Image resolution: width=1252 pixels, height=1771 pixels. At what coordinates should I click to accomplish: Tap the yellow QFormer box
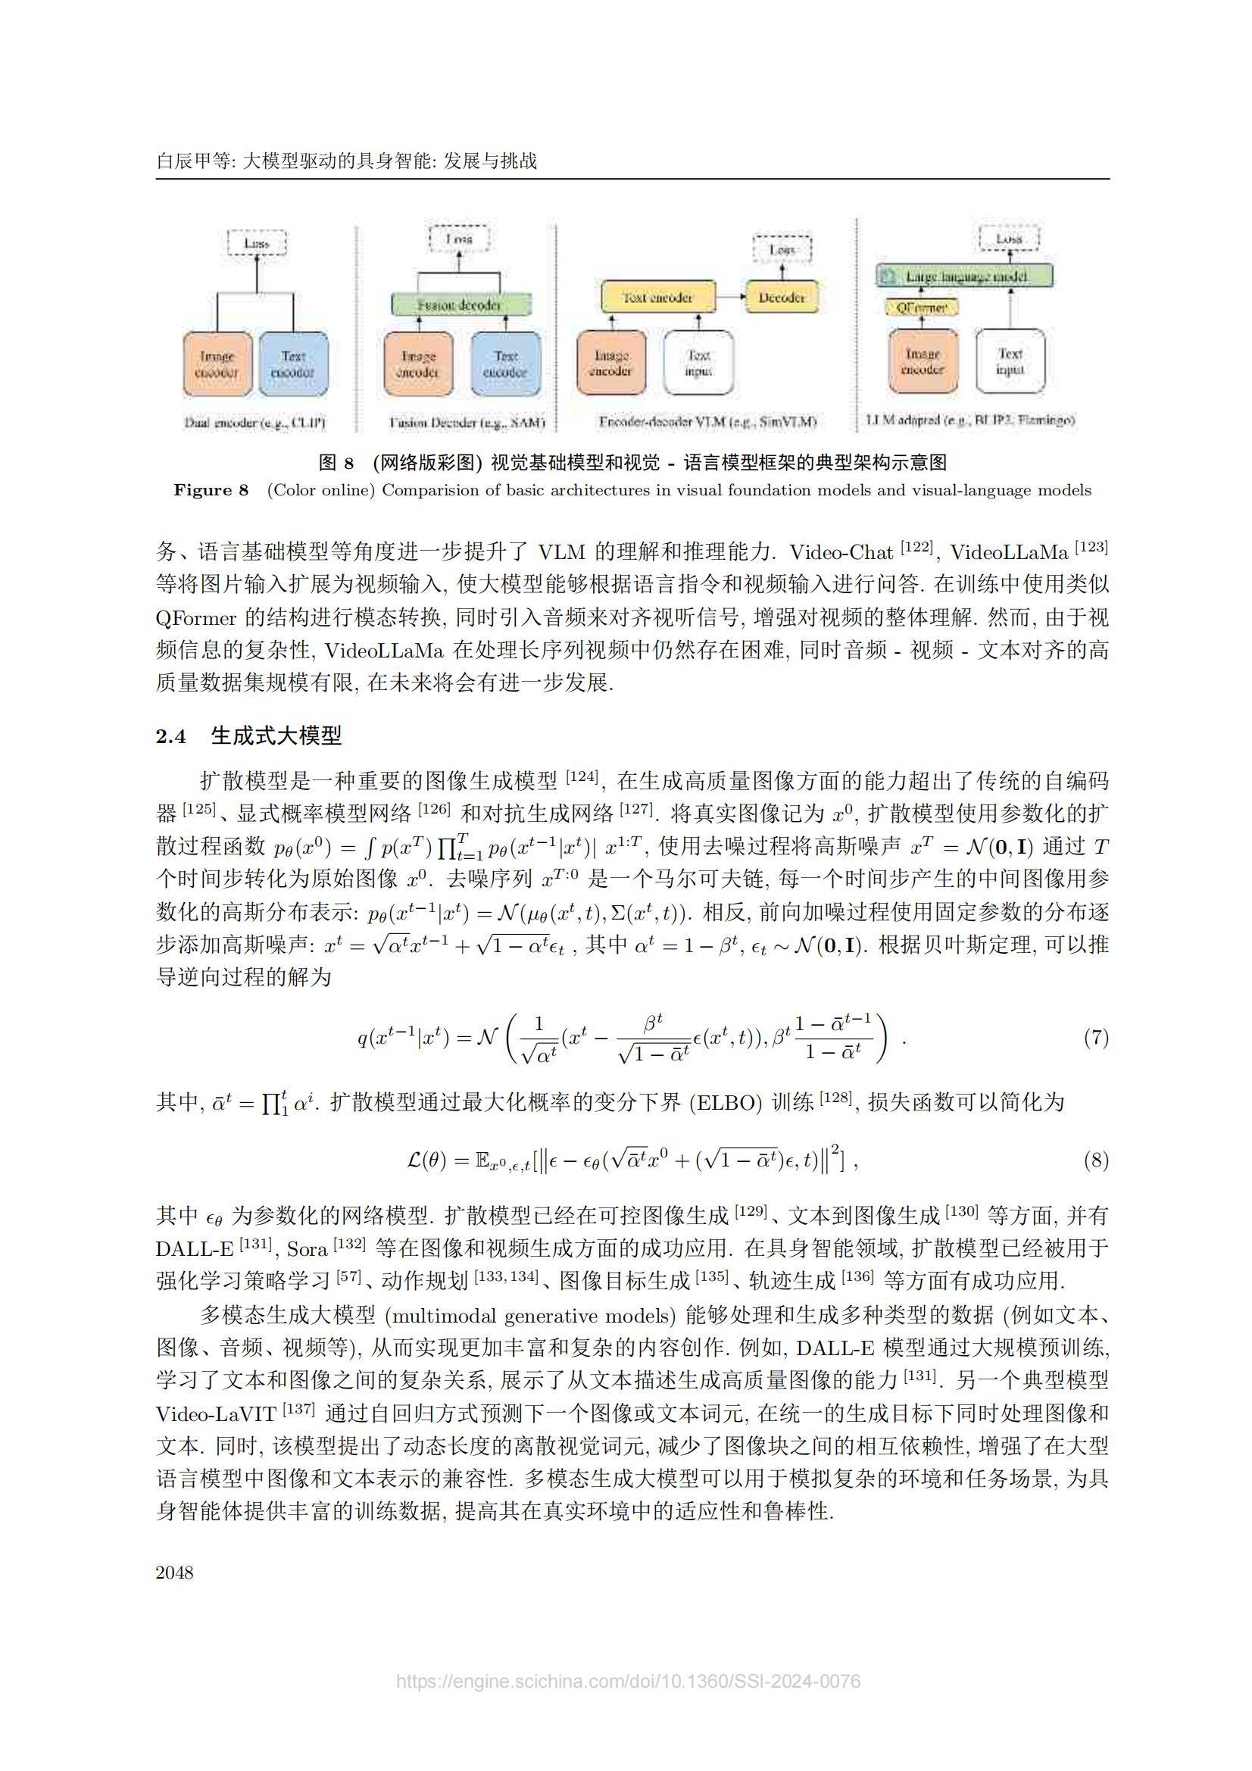pos(922,307)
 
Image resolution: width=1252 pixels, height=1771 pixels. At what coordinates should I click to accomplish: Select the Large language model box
pos(964,276)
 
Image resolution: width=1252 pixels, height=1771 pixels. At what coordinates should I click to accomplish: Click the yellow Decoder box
pos(781,297)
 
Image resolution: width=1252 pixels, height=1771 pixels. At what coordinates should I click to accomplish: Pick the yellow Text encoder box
pos(657,297)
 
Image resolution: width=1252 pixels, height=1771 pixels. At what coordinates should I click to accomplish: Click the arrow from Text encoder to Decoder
pos(729,297)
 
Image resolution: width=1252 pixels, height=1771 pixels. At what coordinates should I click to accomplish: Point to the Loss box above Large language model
pos(1008,239)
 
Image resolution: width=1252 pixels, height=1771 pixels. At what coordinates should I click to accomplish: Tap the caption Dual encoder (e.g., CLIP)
pos(254,423)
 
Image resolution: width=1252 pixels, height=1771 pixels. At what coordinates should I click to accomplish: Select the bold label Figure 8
pos(211,490)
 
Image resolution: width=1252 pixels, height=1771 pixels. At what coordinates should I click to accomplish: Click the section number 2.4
pos(171,736)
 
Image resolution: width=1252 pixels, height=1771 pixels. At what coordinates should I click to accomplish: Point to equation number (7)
pos(1095,1038)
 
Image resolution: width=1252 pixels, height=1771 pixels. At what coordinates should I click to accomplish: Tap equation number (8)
pos(1095,1160)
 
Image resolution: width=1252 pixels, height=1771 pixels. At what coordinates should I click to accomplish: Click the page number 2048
pos(174,1572)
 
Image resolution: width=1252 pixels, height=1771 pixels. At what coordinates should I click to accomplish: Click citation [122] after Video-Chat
pos(916,548)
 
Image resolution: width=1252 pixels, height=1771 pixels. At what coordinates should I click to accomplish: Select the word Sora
pos(307,1249)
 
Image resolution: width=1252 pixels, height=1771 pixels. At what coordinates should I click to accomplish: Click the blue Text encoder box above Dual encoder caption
pos(292,364)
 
